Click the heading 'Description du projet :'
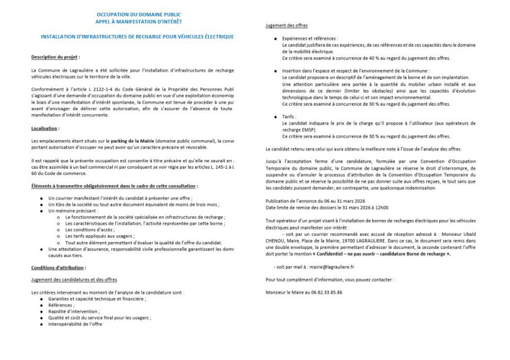tap(56, 57)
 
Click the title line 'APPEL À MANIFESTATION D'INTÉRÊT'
tap(138, 22)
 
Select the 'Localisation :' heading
tap(45, 128)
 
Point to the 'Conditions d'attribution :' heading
tap(58, 267)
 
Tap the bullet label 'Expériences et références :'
tap(309, 39)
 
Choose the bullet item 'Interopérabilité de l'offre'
tap(75, 324)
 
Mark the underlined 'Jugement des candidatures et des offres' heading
tap(74, 279)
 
